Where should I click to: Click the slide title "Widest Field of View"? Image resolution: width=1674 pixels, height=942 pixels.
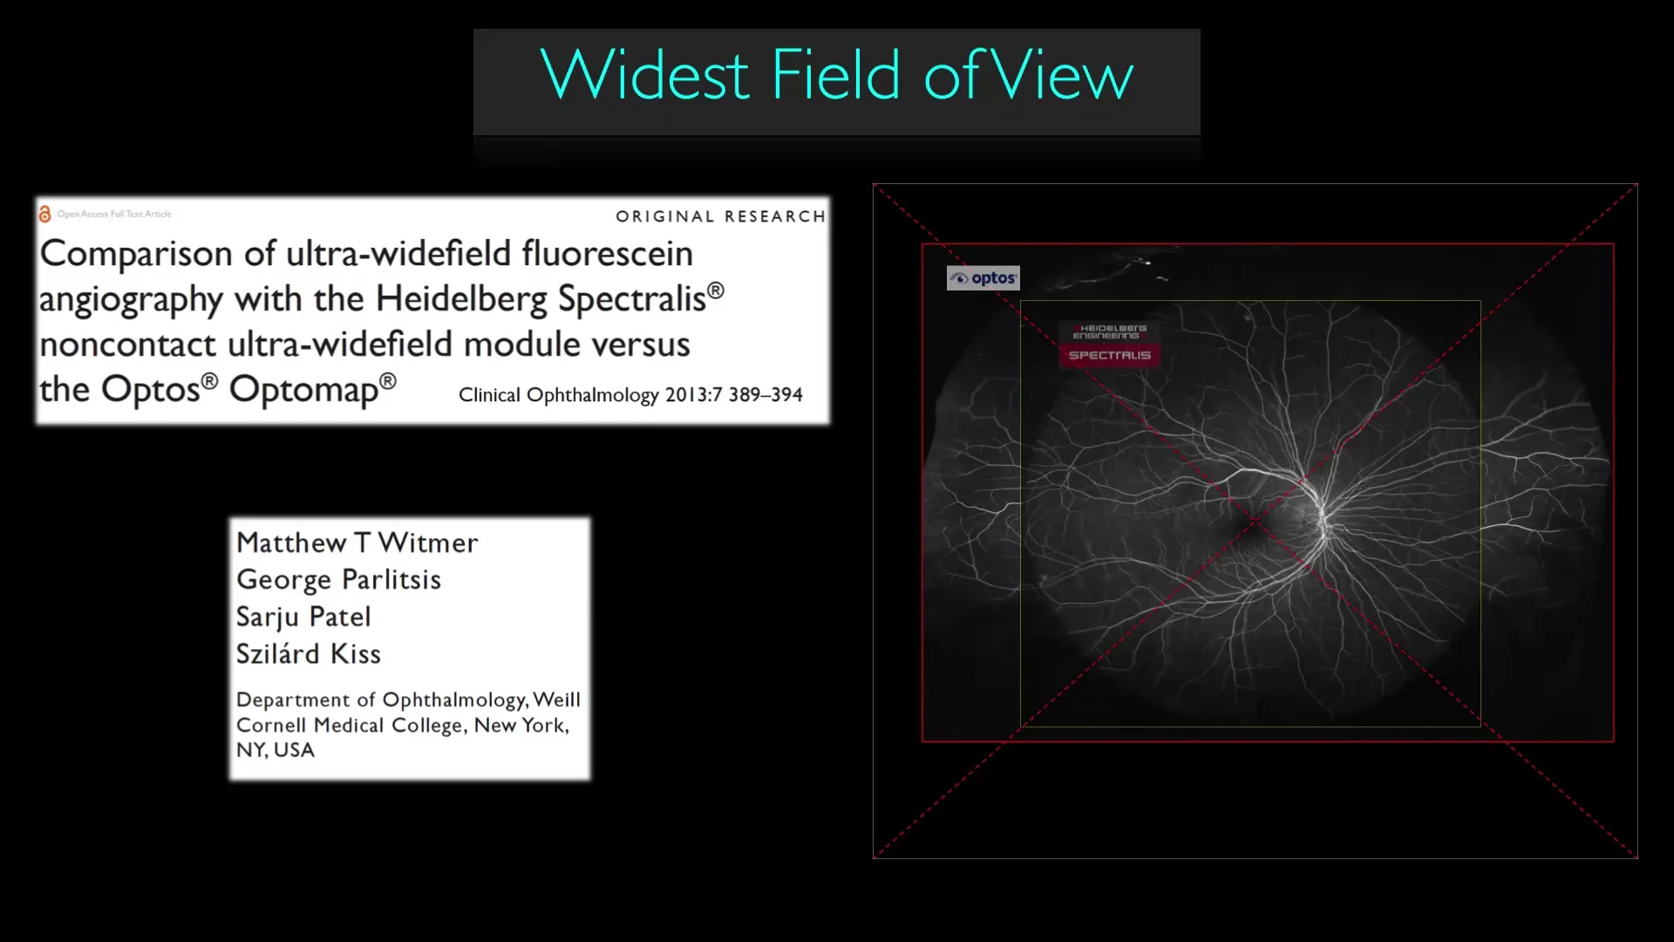[x=836, y=76]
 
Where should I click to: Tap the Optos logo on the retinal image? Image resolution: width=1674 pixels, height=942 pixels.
[x=983, y=278]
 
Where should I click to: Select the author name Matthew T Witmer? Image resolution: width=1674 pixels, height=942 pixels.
[x=357, y=543]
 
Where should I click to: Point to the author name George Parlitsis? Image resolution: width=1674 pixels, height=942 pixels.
[x=338, y=580]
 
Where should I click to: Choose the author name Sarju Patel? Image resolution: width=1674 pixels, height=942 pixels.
[x=303, y=617]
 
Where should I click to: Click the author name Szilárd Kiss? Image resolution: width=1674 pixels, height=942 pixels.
[x=308, y=654]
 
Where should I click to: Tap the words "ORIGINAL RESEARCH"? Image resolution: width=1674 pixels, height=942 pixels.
[x=720, y=216]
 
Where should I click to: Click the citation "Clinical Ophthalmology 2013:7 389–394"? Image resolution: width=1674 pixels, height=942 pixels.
[x=630, y=395]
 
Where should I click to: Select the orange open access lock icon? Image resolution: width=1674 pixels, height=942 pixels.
[x=44, y=214]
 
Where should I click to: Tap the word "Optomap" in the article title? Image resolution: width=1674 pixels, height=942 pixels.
[x=304, y=389]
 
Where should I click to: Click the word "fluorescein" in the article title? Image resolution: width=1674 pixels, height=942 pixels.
[x=607, y=254]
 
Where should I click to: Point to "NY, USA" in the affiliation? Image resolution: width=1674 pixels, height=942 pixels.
[x=275, y=750]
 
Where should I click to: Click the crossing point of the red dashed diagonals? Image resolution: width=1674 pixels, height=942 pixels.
[x=1255, y=521]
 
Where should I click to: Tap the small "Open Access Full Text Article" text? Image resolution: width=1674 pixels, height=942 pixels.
[x=114, y=214]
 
